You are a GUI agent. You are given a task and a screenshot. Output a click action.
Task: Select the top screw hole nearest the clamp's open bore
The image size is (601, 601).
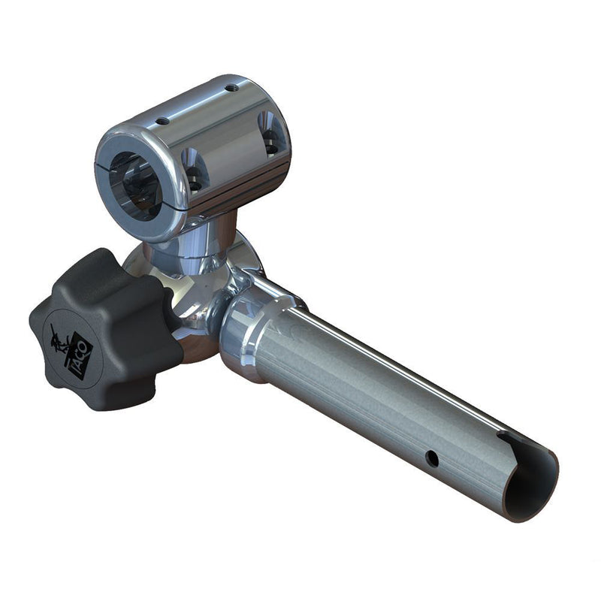coord(162,121)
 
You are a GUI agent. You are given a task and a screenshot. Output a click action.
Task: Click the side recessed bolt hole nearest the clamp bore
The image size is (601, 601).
coord(195,169)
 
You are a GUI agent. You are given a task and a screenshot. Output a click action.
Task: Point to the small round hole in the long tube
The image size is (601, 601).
coord(432,457)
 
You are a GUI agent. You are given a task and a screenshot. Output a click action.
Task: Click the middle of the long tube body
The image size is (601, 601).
coord(376,398)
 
